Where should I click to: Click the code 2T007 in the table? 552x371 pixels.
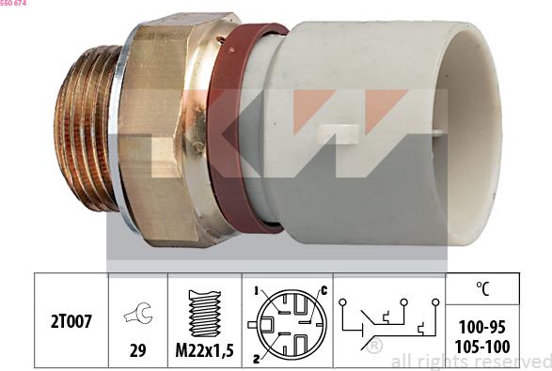(71, 320)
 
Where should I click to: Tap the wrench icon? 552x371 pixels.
(138, 316)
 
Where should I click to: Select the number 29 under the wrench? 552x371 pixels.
(138, 350)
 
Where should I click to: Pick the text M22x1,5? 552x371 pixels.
(204, 350)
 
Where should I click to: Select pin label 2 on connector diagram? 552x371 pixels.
(255, 358)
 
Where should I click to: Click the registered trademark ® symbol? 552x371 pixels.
(374, 348)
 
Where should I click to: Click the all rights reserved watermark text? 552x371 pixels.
(470, 361)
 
